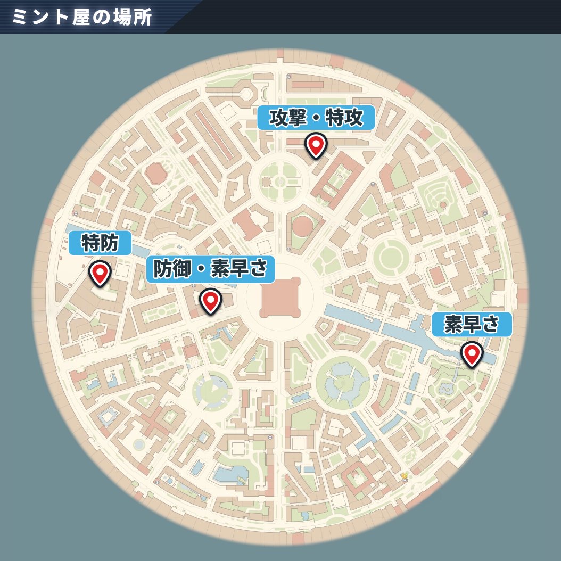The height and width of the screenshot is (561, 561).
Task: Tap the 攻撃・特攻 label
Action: [x=316, y=118]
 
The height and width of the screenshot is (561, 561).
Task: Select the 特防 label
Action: [x=100, y=244]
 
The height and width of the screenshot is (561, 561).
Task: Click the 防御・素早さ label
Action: [x=210, y=269]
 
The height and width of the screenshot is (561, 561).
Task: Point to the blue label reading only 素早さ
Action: [x=472, y=324]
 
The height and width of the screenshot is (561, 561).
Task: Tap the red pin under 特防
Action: [x=100, y=273]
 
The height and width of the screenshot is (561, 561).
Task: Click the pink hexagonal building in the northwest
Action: [x=155, y=173]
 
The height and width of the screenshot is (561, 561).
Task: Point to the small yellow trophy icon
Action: [x=405, y=475]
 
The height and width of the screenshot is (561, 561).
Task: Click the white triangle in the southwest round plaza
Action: [x=214, y=387]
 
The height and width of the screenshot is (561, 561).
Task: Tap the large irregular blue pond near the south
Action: [x=230, y=474]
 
